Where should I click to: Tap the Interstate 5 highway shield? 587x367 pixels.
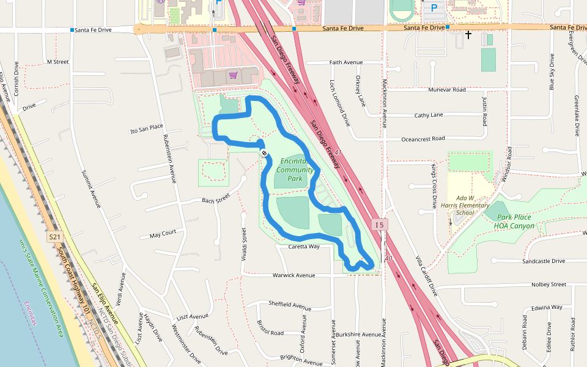point(379,224)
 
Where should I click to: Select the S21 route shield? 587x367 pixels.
point(54,235)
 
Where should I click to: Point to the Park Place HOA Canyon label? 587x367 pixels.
point(515,221)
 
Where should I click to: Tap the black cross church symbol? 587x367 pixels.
point(468,35)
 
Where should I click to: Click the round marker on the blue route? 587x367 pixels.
point(264,153)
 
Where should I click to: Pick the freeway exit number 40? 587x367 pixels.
point(388,259)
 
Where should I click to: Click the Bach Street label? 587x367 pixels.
point(215,199)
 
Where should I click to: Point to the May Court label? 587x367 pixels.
point(163,233)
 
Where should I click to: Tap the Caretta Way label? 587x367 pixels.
point(304,247)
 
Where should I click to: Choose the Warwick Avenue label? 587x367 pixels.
point(294,275)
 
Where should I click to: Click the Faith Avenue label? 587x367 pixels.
point(346,62)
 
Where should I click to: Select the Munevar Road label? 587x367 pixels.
point(447,89)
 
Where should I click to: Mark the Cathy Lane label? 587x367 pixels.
point(429,115)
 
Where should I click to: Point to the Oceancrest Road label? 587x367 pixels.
point(423,139)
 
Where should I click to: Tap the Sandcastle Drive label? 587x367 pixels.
point(544,261)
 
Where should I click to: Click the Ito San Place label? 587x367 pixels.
point(147,128)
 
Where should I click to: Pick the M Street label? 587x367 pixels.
point(57,62)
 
